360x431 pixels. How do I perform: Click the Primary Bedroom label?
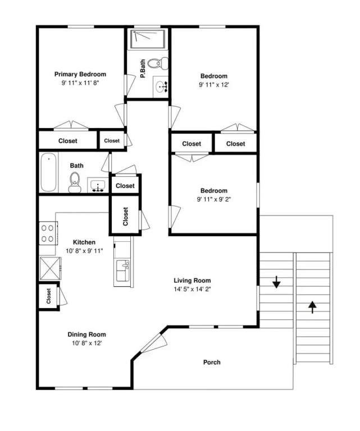pyautogui.click(x=80, y=74)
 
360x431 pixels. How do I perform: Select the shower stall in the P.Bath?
pyautogui.click(x=148, y=40)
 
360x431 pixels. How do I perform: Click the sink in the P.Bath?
pyautogui.click(x=160, y=87)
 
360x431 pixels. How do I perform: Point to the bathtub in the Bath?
pyautogui.click(x=49, y=172)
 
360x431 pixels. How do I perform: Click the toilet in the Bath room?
pyautogui.click(x=75, y=182)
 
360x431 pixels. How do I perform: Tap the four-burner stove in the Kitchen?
pyautogui.click(x=48, y=233)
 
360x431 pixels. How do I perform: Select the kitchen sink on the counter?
pyautogui.click(x=123, y=270)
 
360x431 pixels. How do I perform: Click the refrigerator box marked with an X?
pyautogui.click(x=50, y=268)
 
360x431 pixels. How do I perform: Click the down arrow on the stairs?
pyautogui.click(x=276, y=282)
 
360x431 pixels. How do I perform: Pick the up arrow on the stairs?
pyautogui.click(x=312, y=307)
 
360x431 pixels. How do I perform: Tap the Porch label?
pyautogui.click(x=212, y=363)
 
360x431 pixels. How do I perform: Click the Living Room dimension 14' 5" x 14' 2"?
pyautogui.click(x=192, y=289)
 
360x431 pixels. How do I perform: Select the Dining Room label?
pyautogui.click(x=86, y=334)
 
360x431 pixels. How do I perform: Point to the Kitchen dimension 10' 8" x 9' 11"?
pyautogui.click(x=84, y=251)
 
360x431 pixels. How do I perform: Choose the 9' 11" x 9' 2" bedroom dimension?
pyautogui.click(x=213, y=199)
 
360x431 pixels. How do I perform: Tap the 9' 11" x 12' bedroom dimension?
pyautogui.click(x=213, y=85)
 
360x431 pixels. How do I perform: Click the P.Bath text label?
pyautogui.click(x=143, y=68)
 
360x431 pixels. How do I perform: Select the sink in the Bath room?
pyautogui.click(x=98, y=185)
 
